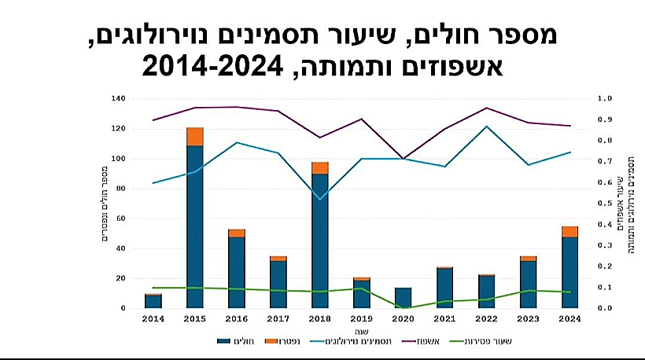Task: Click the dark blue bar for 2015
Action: point(194,226)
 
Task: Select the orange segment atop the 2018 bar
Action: point(319,167)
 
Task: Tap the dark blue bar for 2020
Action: point(403,298)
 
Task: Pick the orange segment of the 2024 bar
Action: point(569,232)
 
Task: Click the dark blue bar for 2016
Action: point(236,272)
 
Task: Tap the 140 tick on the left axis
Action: point(118,99)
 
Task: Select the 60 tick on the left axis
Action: point(120,219)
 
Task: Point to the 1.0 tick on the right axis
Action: point(604,99)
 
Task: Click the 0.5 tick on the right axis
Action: point(604,204)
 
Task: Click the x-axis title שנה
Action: point(361,331)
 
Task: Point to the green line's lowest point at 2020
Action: point(403,308)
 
